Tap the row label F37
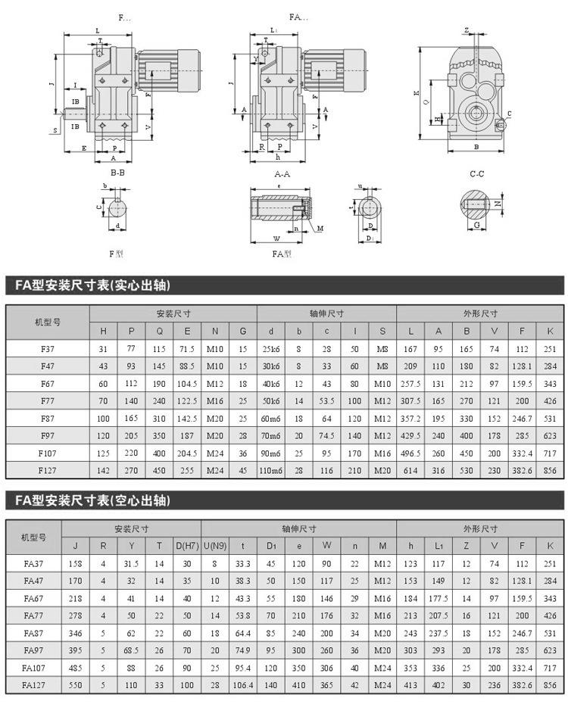point(48,349)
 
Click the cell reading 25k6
point(270,349)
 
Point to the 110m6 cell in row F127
point(270,469)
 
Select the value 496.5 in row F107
point(410,452)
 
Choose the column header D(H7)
point(186,545)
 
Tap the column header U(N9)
point(215,545)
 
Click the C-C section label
point(476,173)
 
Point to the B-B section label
point(118,173)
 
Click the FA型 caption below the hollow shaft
point(282,254)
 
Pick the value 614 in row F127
point(410,469)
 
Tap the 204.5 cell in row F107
point(186,452)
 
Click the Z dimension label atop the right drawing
point(467,30)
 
